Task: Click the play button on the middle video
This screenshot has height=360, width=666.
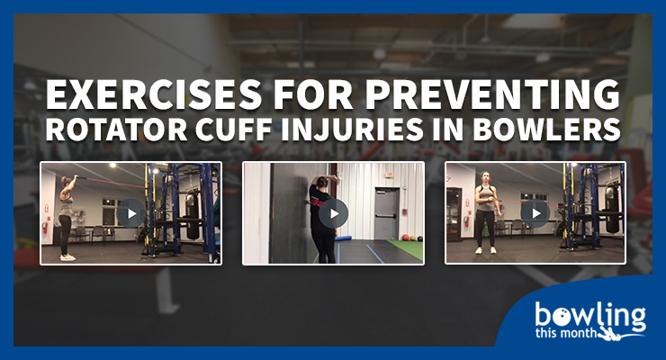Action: click(x=333, y=213)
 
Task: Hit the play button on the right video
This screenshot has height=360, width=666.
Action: click(x=535, y=213)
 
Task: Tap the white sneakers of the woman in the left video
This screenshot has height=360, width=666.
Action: click(x=67, y=256)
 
